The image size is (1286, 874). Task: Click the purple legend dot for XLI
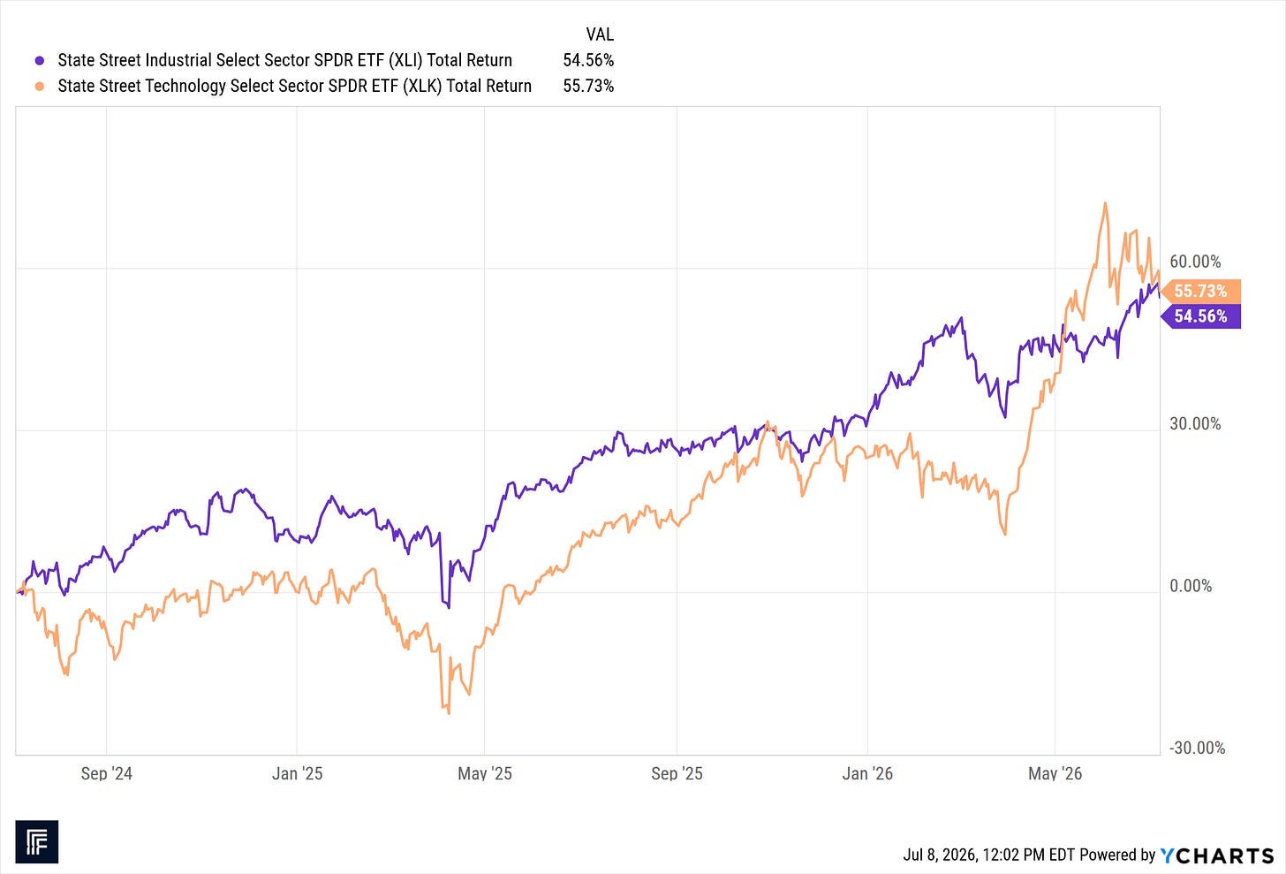pos(40,60)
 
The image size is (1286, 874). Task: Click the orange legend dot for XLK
pos(40,86)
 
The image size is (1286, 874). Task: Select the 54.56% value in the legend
pos(588,60)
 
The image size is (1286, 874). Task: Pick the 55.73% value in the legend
pos(588,86)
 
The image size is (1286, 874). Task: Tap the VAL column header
pos(600,34)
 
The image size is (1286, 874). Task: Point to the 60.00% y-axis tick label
pos(1195,262)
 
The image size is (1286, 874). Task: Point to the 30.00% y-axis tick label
pos(1195,424)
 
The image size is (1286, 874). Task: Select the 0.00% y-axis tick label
pos(1191,586)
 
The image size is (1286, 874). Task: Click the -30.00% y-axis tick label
pos(1198,748)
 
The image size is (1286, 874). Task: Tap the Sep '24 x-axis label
pos(106,773)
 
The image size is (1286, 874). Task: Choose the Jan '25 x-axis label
pos(297,773)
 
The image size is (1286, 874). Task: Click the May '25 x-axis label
pos(485,773)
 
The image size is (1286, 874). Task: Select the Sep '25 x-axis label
pos(677,773)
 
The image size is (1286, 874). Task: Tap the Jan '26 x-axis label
pos(867,773)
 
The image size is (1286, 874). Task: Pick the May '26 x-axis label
pos(1055,773)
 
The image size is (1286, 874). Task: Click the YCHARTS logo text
pos(1217,855)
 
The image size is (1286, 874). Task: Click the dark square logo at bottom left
pos(37,842)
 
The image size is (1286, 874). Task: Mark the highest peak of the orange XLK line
pos(1105,202)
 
